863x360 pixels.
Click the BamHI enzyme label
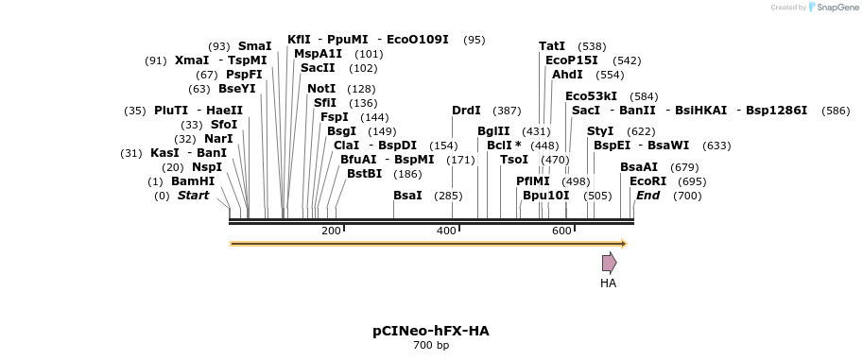tap(193, 181)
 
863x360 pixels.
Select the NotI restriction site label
tap(321, 89)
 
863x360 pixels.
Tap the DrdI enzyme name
tap(466, 111)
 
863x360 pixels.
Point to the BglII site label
tap(493, 131)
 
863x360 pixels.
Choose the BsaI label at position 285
tap(407, 196)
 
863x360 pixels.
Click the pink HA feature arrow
tap(610, 263)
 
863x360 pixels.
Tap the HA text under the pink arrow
tap(608, 283)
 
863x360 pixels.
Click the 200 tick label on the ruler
tap(331, 231)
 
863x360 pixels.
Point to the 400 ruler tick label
tap(446, 231)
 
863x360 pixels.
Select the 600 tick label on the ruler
tap(561, 231)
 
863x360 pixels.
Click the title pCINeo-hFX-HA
tap(431, 332)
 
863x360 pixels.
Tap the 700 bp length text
tap(431, 346)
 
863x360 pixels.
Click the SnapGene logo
tap(835, 8)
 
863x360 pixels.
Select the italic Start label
tap(193, 196)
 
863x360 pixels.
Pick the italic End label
tap(647, 196)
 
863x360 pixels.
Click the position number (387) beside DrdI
tap(507, 111)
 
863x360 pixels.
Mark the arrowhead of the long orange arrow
tap(625, 244)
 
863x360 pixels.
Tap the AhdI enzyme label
tap(567, 75)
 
